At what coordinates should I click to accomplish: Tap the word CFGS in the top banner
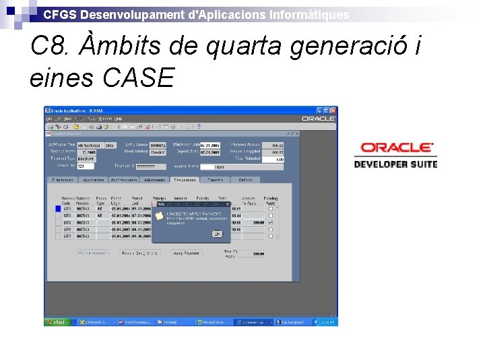coord(56,14)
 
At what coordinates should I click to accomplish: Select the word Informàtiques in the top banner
coord(309,14)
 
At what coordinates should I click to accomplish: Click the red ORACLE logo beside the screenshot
coord(396,148)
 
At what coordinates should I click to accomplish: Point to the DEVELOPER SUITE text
coord(396,164)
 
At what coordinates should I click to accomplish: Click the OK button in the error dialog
coord(217,233)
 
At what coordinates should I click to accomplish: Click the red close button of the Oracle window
coord(332,111)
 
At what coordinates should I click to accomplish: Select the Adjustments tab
coord(154,180)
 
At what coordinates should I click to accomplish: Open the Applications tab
coord(93,180)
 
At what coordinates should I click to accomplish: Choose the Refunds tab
coord(246,180)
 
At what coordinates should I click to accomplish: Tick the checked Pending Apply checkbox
coord(271,222)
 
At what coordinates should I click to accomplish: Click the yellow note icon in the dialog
coord(159,216)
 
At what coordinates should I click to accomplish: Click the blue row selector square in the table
coord(58,209)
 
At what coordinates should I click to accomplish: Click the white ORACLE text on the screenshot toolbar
coord(318,119)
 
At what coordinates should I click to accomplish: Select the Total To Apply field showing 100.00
coord(257,253)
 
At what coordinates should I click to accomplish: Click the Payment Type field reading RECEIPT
coord(86,159)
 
